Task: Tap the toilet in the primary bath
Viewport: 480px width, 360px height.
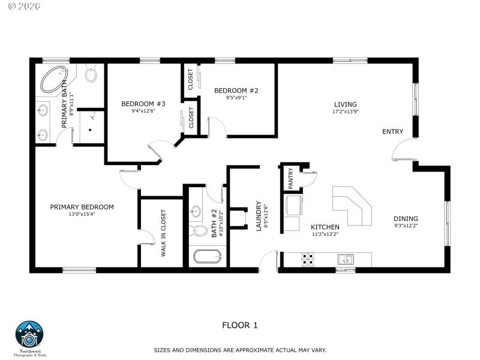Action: (91, 74)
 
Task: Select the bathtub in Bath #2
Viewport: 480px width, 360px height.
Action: (208, 258)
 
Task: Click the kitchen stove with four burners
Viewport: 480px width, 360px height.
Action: (308, 260)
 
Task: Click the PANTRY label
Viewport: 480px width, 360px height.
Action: (290, 178)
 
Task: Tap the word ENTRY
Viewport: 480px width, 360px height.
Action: (393, 132)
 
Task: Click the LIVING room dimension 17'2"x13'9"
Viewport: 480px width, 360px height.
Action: (346, 112)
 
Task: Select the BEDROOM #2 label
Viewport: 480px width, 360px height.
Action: (236, 91)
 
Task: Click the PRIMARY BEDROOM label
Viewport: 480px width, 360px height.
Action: (82, 207)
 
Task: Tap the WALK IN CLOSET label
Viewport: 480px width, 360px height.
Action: (163, 233)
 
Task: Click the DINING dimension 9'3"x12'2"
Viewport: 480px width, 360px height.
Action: (406, 226)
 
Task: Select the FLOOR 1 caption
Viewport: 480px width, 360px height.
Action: (240, 325)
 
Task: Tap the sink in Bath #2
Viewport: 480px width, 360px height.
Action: (196, 212)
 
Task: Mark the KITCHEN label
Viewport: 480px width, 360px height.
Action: (325, 227)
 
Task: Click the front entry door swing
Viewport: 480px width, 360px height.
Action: (401, 150)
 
